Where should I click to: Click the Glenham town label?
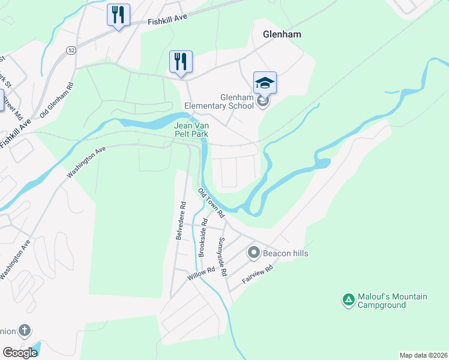click(x=282, y=35)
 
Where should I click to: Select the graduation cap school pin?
click(x=265, y=83)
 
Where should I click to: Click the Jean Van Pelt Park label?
click(x=191, y=130)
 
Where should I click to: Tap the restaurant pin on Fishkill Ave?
click(x=118, y=14)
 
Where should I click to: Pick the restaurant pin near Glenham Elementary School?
click(x=181, y=61)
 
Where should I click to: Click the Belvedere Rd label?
click(x=180, y=221)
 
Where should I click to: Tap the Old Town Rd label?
click(x=211, y=203)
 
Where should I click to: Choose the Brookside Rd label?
click(x=203, y=242)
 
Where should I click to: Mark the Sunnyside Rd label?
click(x=222, y=256)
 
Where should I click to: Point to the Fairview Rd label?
click(x=258, y=275)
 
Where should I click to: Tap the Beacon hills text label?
click(x=286, y=253)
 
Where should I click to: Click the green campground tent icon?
click(x=348, y=299)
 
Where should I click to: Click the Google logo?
click(x=20, y=353)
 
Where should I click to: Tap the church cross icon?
click(x=24, y=331)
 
